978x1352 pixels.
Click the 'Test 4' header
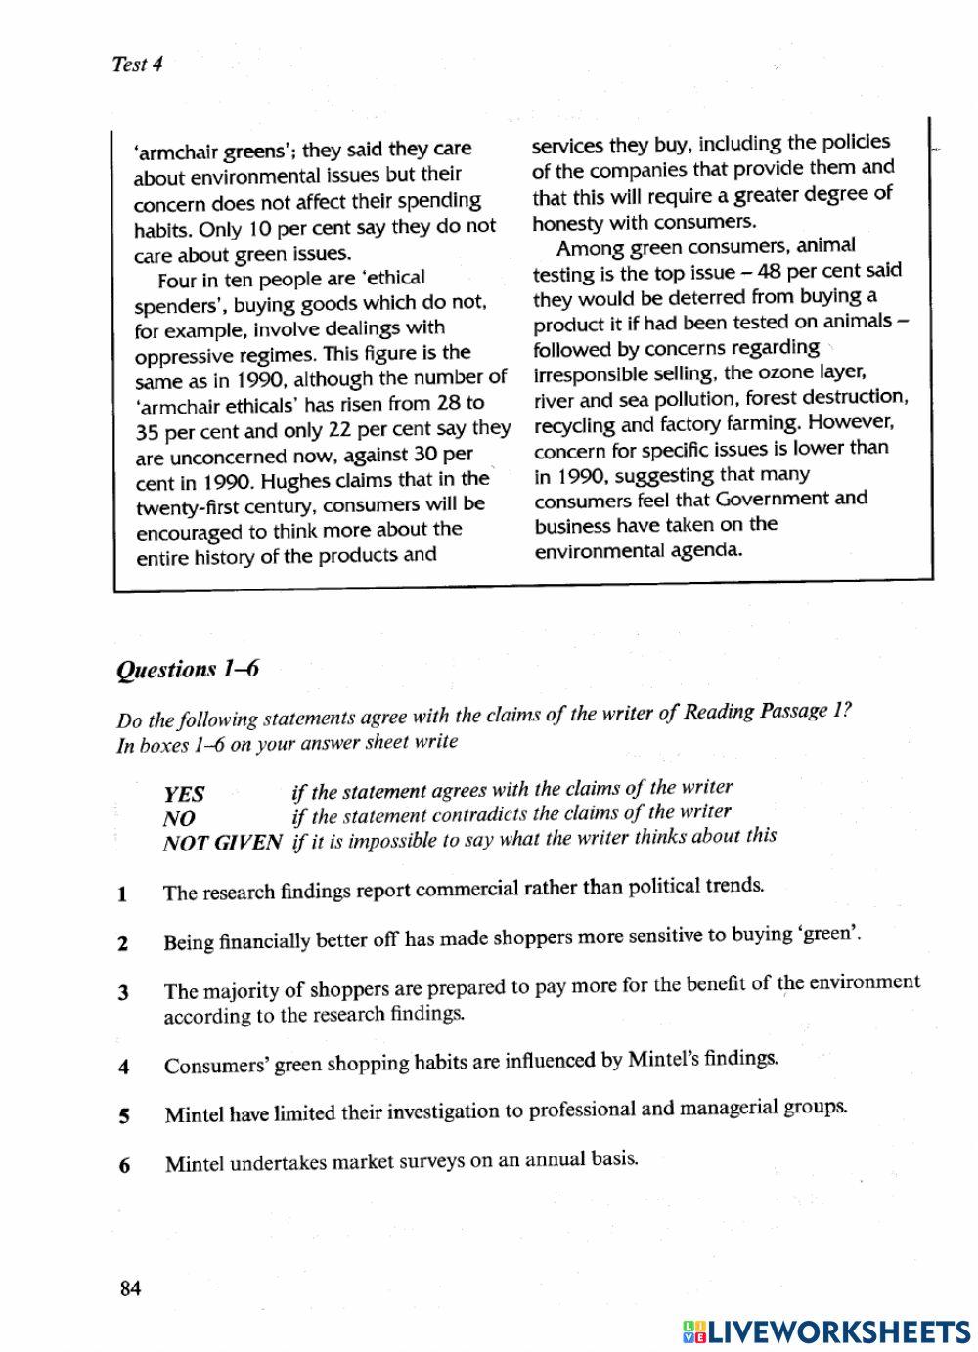coord(137,65)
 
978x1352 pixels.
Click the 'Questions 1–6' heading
coord(187,670)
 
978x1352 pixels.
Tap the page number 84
coord(130,1288)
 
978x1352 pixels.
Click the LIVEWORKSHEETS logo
coord(825,1330)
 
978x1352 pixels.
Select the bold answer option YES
coord(184,794)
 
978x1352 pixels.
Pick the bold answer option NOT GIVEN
coord(222,843)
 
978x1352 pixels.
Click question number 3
coord(123,993)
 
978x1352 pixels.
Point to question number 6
coord(124,1165)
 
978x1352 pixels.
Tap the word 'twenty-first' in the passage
coord(188,507)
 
